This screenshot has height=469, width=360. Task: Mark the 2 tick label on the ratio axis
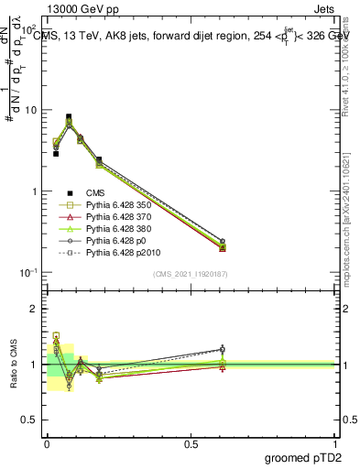[35, 309]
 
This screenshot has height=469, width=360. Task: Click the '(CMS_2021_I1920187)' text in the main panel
[191, 273]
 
